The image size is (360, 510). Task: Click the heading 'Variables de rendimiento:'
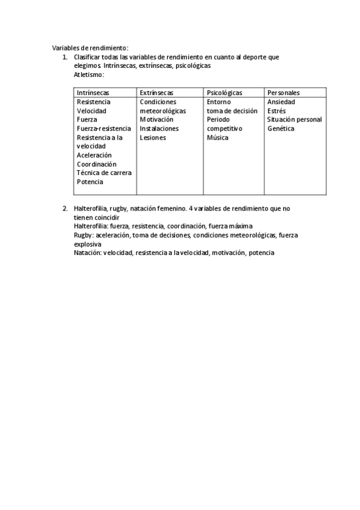pyautogui.click(x=90, y=48)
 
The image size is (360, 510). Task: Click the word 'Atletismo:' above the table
pyautogui.click(x=89, y=75)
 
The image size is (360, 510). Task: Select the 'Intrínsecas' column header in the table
pyautogui.click(x=93, y=93)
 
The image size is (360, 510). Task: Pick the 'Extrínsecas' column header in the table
pyautogui.click(x=156, y=93)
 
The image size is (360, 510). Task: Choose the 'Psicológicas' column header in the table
pyautogui.click(x=224, y=93)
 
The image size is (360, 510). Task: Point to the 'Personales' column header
pyautogui.click(x=284, y=93)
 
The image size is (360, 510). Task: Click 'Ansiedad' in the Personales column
pyautogui.click(x=281, y=102)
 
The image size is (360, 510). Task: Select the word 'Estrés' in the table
pyautogui.click(x=277, y=111)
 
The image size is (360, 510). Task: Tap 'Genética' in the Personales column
pyautogui.click(x=281, y=128)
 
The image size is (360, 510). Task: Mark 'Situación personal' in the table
pyautogui.click(x=294, y=120)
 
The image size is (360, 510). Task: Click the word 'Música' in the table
pyautogui.click(x=218, y=138)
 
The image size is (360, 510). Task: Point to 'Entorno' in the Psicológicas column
pyautogui.click(x=218, y=102)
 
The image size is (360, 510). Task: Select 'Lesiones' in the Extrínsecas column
pyautogui.click(x=153, y=138)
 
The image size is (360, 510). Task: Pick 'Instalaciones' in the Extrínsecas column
pyautogui.click(x=159, y=129)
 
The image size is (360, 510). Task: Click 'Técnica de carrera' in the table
pyautogui.click(x=104, y=173)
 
